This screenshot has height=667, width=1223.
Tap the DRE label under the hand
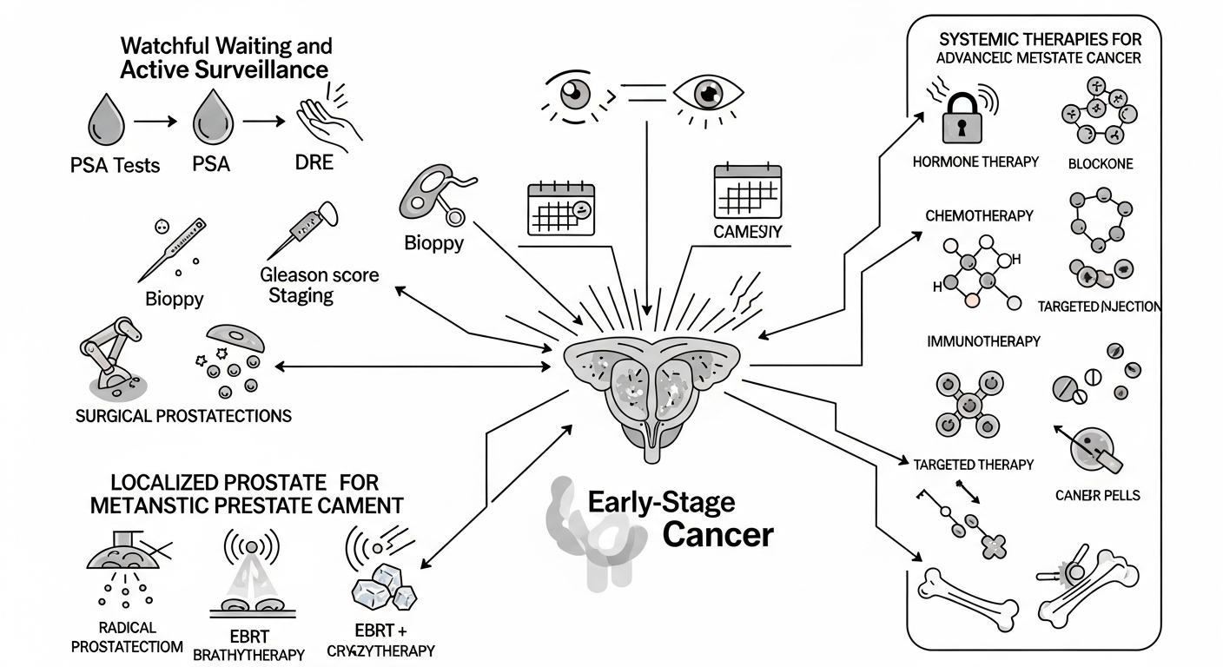pyautogui.click(x=314, y=162)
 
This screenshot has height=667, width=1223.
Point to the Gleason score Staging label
pyautogui.click(x=320, y=285)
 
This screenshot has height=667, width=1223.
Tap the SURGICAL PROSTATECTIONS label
pyautogui.click(x=184, y=415)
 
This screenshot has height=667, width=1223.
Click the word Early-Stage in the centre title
pyautogui.click(x=661, y=502)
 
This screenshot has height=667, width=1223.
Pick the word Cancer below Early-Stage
pyautogui.click(x=717, y=534)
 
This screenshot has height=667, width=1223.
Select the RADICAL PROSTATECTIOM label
pyautogui.click(x=127, y=637)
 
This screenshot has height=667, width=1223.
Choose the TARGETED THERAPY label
pyautogui.click(x=974, y=464)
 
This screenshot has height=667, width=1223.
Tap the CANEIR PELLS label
pyautogui.click(x=1098, y=495)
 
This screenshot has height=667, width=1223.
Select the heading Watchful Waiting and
pyautogui.click(x=226, y=45)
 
